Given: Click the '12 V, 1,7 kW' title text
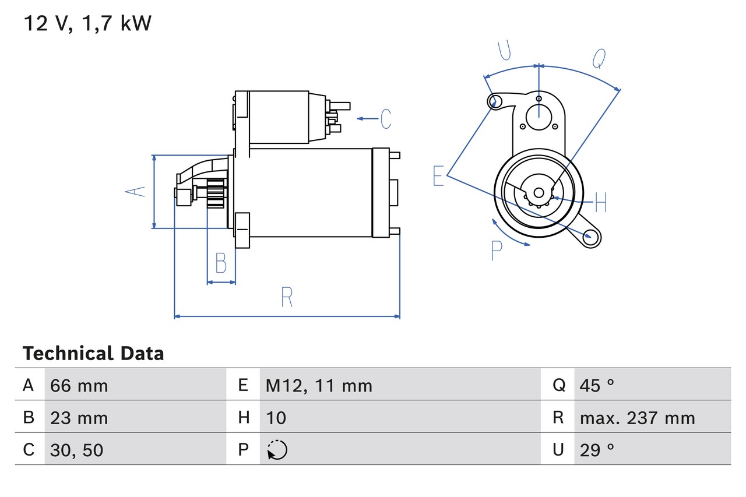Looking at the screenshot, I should tap(87, 24).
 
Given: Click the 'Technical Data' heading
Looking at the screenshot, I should tap(93, 354).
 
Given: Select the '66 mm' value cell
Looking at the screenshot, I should tap(79, 386).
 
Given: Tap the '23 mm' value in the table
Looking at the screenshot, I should tap(79, 418).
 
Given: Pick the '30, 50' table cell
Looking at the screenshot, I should tap(77, 450).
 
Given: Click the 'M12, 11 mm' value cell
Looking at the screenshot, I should tap(319, 386).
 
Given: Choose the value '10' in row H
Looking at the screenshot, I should tap(276, 418).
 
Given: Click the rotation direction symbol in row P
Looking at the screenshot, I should tap(277, 450).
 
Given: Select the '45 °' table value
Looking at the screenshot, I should tap(597, 386).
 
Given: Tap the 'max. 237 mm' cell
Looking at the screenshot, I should tap(637, 418).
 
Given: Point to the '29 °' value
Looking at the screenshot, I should tap(597, 450).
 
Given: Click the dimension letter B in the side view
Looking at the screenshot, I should tap(221, 263).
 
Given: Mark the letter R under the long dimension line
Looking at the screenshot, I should tap(286, 297).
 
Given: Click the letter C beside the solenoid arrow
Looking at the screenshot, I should tap(386, 119).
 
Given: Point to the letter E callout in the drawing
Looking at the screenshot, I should tap(438, 176).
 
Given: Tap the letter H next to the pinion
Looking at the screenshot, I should tap(600, 203).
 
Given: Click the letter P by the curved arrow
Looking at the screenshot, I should tap(496, 251).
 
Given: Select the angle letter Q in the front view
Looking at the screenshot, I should tap(599, 59).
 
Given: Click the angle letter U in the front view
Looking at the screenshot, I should tap(505, 51).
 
